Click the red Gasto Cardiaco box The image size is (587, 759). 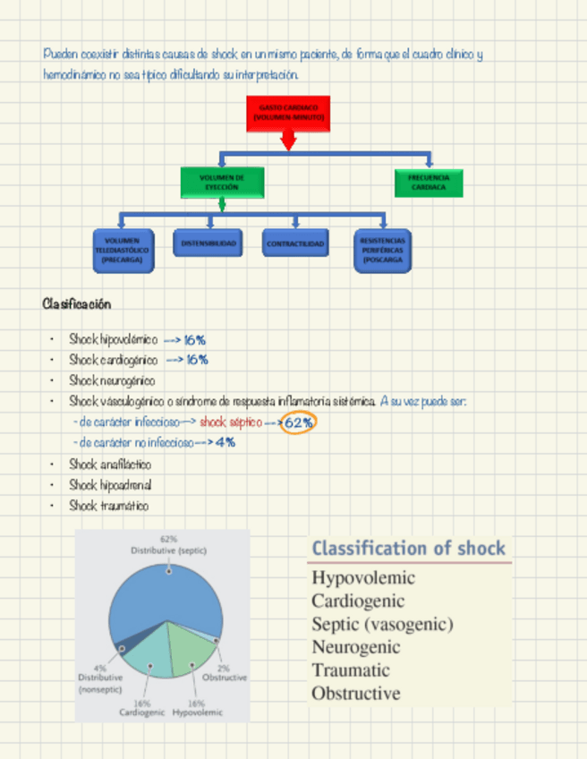[x=287, y=113]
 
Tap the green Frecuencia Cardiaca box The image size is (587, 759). [x=429, y=183]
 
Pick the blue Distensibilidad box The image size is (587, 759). [x=208, y=243]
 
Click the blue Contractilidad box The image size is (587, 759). [x=295, y=243]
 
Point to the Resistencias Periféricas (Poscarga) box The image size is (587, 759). [x=383, y=249]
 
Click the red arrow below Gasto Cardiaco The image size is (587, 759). [x=287, y=141]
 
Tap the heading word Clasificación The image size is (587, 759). [x=76, y=304]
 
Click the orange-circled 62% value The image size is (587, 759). [x=299, y=422]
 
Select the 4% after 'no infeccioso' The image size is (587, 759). [x=225, y=442]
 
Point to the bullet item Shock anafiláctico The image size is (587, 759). [x=110, y=465]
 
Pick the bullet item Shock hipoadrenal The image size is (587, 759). [x=110, y=485]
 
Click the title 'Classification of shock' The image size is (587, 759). [x=409, y=549]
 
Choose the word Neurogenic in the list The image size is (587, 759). [x=355, y=647]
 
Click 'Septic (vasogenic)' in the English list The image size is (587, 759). [x=382, y=624]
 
